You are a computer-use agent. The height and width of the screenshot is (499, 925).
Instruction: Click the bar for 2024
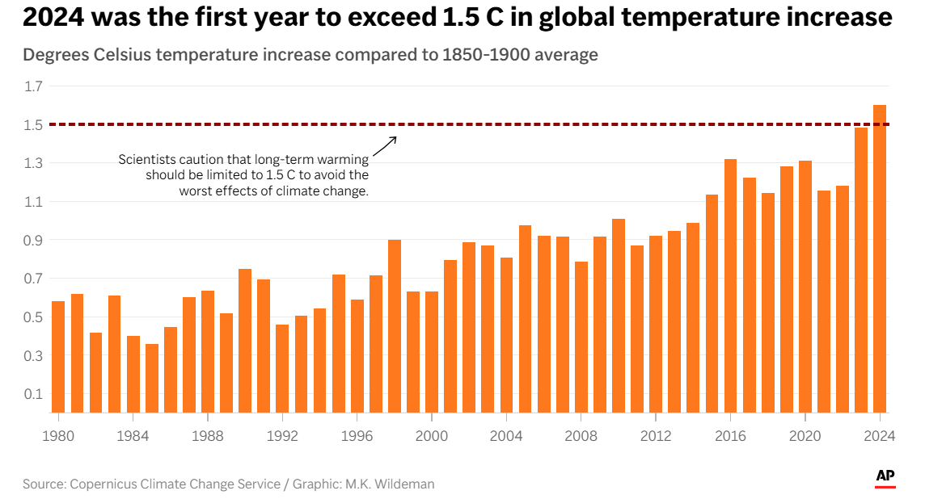880,258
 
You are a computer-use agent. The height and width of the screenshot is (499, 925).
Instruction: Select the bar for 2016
730,286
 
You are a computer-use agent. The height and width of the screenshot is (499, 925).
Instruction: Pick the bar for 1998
395,326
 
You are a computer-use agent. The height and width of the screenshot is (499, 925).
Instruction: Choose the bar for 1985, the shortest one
152,378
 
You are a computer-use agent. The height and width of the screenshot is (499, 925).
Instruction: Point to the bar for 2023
861,270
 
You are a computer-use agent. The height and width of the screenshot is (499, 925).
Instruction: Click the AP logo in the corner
885,477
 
